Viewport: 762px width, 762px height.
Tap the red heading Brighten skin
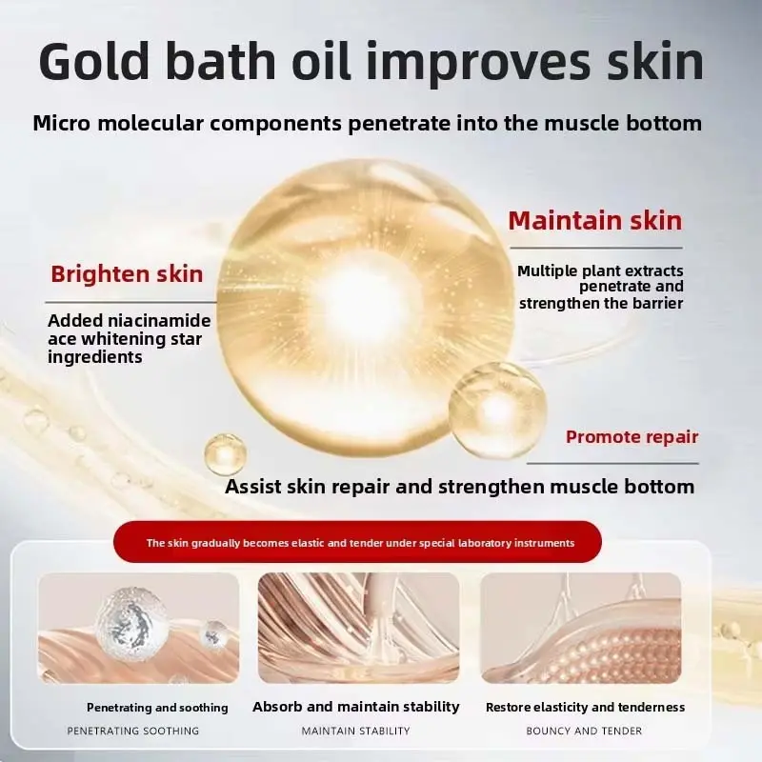click(x=127, y=274)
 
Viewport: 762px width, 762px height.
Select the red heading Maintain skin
click(x=594, y=221)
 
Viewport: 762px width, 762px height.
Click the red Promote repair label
click(x=632, y=437)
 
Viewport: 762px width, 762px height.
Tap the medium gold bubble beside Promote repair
click(x=497, y=409)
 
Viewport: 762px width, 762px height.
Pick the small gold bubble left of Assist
click(x=225, y=453)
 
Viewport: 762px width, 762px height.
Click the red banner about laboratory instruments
click(x=360, y=543)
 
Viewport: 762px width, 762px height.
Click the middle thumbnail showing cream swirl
click(x=358, y=628)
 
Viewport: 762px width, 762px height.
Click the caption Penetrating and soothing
click(x=157, y=708)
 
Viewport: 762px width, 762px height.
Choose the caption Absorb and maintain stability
click(x=356, y=707)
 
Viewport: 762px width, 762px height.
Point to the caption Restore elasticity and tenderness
click(x=585, y=708)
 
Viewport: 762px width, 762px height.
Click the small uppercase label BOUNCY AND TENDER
click(x=584, y=732)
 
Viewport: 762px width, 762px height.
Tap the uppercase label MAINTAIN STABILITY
click(x=355, y=732)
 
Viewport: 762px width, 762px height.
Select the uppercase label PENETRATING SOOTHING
click(x=133, y=732)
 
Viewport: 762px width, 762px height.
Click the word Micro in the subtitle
click(x=64, y=123)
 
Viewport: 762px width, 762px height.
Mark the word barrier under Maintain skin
click(x=653, y=303)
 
